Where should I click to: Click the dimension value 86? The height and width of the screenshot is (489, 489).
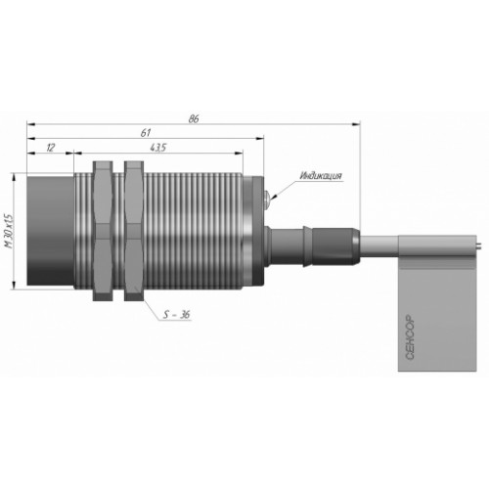coord(194,119)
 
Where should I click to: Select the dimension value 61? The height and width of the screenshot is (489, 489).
coord(146,133)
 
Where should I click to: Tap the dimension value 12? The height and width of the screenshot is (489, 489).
coord(50,148)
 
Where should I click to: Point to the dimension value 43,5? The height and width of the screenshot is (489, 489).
coord(158,148)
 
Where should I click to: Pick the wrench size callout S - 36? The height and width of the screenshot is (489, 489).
coord(176,315)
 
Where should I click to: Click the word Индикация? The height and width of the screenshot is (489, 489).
coord(321,176)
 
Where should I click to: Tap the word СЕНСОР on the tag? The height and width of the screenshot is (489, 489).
coord(410,337)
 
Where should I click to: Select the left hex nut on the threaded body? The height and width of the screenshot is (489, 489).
coord(103,231)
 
